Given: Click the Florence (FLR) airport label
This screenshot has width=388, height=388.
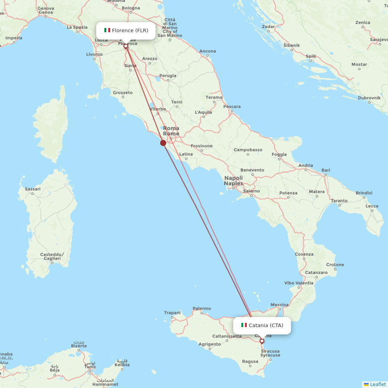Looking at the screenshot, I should (130, 31).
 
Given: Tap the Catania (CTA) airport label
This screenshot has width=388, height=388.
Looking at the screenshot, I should (266, 326).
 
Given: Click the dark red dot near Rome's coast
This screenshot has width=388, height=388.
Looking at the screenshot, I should (163, 143).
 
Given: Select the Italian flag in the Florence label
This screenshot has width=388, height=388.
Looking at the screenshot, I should (107, 30).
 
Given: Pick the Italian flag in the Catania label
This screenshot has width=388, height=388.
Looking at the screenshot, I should (244, 325).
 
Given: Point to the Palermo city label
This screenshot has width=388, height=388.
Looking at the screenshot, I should (202, 309).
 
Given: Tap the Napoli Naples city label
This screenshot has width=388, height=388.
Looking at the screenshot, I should (234, 181).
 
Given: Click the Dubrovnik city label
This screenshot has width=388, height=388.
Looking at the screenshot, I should (369, 98).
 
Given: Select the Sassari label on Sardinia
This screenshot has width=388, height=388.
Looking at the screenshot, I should (33, 189).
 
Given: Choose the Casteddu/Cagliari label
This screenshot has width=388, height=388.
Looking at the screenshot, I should (52, 256).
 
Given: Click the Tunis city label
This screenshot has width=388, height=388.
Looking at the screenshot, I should (90, 367).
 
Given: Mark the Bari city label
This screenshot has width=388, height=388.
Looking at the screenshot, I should (326, 170).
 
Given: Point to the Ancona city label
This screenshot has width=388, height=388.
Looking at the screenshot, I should (208, 51).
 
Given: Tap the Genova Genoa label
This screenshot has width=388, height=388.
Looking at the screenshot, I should (46, 10).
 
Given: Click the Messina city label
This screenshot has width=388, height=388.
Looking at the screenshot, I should (279, 305).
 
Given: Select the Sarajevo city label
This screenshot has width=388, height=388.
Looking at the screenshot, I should (379, 40).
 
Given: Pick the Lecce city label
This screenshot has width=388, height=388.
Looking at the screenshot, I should (372, 206).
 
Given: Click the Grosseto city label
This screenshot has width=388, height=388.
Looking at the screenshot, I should (123, 93).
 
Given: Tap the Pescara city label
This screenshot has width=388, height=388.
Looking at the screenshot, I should (232, 107).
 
